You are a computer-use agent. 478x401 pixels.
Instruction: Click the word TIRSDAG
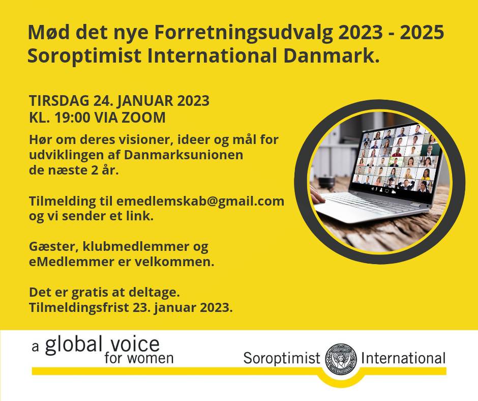tap(59, 100)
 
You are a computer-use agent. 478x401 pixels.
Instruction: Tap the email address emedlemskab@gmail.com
tap(200, 202)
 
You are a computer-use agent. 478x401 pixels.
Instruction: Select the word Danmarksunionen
tap(183, 155)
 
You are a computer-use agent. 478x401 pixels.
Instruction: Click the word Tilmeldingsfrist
tap(79, 307)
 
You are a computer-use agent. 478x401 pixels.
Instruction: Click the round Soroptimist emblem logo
tap(341, 359)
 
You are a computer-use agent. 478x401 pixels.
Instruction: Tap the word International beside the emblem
tap(403, 358)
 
